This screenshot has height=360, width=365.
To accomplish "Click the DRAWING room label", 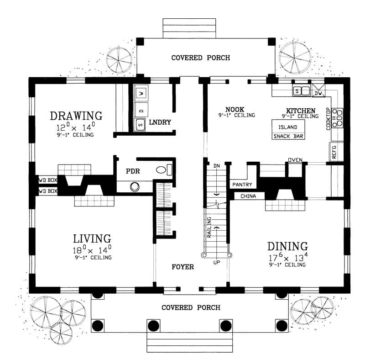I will click(75, 114).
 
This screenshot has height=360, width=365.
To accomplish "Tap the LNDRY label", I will click(160, 122).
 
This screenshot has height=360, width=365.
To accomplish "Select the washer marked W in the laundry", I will click(141, 93).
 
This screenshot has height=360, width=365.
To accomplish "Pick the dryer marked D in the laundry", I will click(141, 109).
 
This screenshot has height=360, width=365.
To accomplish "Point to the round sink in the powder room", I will click(135, 186).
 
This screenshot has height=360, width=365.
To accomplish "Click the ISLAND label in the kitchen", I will click(288, 127).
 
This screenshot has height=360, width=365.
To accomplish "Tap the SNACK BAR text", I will click(288, 136).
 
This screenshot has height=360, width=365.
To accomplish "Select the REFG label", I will click(334, 151).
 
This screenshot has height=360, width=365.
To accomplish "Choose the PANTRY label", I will click(242, 185).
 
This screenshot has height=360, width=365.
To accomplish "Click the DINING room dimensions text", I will click(288, 258).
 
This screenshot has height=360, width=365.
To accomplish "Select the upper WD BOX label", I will click(47, 180).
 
